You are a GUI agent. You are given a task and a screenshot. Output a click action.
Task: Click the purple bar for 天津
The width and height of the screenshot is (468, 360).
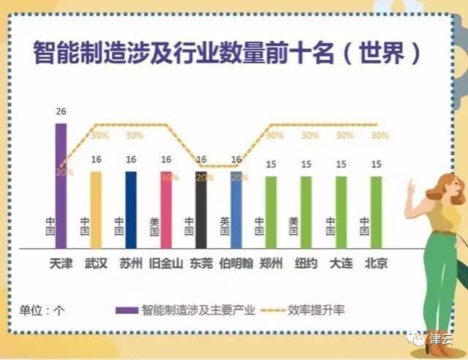[61, 187]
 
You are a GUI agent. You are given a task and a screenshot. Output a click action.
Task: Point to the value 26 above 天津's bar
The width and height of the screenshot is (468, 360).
[61, 112]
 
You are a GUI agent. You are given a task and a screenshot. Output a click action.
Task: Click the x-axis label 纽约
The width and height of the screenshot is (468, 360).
[306, 263]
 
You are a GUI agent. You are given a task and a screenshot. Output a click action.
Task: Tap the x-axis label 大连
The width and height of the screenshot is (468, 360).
[341, 263]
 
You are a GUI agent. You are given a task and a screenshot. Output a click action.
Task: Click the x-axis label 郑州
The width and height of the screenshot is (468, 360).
[271, 263]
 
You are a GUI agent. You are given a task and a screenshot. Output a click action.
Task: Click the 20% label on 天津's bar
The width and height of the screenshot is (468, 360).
[65, 171]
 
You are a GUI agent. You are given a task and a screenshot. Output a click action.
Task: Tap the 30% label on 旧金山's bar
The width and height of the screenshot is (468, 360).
[170, 177]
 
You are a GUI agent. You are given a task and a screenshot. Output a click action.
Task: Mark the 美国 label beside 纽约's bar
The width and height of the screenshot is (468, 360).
[294, 226]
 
